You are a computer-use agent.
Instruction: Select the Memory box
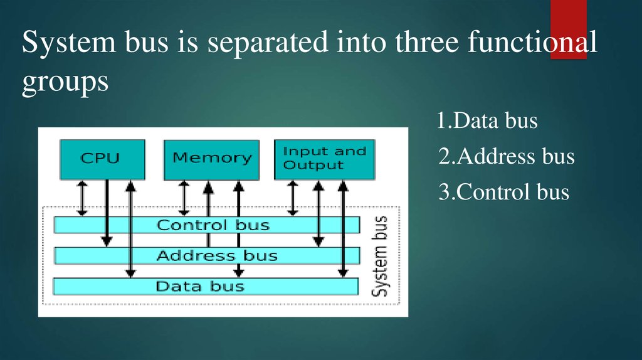(212, 159)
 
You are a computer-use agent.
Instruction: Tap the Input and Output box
(324, 159)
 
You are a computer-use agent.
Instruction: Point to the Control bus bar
(207, 225)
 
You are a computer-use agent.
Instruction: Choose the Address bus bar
(207, 255)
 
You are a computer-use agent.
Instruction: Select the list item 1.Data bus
(487, 120)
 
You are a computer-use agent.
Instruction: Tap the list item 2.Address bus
(506, 156)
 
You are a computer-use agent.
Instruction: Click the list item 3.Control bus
(503, 191)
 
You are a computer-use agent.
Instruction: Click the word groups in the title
(65, 83)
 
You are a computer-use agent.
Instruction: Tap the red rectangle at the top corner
(568, 29)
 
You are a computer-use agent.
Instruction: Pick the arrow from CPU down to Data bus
(130, 228)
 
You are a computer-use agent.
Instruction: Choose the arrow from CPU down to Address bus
(107, 213)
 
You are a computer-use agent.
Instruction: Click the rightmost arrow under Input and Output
(342, 228)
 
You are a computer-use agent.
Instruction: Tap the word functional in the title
(531, 45)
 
